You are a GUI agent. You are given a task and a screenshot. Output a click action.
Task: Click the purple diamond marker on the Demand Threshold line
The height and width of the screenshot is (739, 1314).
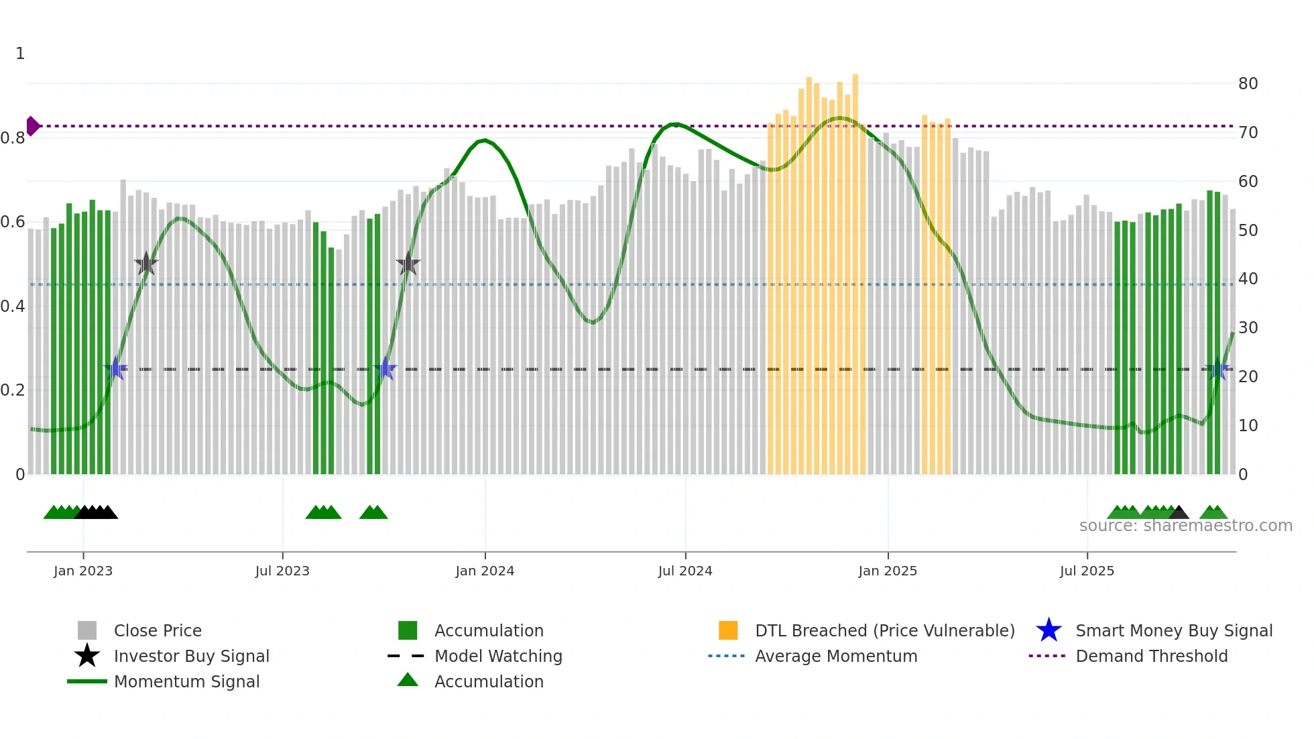coord(32,126)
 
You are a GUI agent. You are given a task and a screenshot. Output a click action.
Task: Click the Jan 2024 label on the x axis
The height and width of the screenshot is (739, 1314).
coord(485,571)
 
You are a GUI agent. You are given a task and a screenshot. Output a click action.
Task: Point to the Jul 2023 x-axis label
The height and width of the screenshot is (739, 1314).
coord(282,571)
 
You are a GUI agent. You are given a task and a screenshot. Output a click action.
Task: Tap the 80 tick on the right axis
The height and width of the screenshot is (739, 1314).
coord(1248,84)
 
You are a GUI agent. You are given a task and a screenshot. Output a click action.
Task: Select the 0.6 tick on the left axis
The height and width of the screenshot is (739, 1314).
coord(13,222)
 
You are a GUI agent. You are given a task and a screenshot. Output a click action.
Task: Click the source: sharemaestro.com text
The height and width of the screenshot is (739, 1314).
coord(1185,526)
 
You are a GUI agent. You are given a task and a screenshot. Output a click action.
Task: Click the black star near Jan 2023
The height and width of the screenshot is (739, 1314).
coord(146,264)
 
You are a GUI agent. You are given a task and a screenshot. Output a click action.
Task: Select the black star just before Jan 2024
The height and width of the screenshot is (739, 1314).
coord(408,264)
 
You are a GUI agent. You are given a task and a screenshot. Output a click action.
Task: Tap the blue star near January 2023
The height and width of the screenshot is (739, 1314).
coord(116,369)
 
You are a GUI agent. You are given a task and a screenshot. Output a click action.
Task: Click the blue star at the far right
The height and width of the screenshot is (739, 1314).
coord(1217,369)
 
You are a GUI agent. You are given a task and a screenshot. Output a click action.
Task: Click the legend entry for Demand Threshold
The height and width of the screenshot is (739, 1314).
coord(1151,656)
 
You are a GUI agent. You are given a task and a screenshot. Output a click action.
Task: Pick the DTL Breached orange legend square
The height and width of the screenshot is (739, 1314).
coord(728,630)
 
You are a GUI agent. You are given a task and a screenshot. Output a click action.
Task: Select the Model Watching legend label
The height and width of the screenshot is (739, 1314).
coord(498,656)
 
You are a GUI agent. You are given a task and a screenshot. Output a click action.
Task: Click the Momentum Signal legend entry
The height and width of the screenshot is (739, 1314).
coord(186,681)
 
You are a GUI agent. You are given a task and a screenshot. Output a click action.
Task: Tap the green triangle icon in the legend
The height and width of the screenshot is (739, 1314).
coord(408,680)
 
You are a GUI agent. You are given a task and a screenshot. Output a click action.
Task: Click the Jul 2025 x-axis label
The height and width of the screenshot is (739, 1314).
coord(1087,571)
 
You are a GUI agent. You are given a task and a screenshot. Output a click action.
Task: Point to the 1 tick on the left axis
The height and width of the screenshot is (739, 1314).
coord(20,54)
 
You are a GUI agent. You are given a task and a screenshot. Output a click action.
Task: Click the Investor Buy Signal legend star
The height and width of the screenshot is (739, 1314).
coord(87,656)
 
